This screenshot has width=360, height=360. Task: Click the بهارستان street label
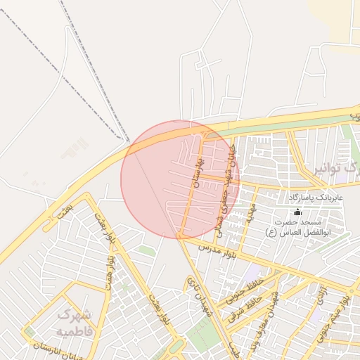(x=198, y=172)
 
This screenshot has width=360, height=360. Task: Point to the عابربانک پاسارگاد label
(x=309, y=198)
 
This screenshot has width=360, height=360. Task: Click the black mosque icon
(x=297, y=212)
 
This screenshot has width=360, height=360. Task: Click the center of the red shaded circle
(x=180, y=179)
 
